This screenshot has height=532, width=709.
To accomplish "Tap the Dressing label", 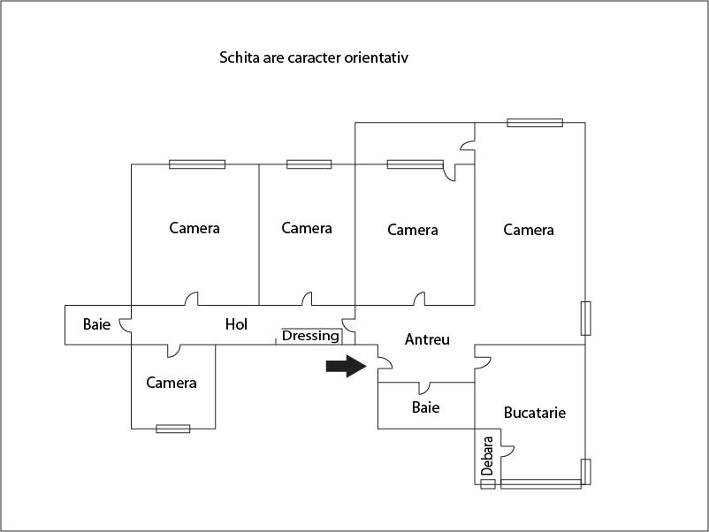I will [x=310, y=336].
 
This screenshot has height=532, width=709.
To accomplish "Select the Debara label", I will [x=487, y=456].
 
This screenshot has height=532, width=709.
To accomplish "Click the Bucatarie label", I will [x=534, y=413].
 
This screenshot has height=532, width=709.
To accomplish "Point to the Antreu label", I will [x=427, y=339].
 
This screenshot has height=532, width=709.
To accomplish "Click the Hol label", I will [x=236, y=324].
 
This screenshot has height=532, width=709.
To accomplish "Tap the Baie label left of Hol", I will [x=96, y=324].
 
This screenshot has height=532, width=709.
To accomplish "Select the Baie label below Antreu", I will [x=425, y=407].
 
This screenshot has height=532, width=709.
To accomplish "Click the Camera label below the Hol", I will [x=172, y=383].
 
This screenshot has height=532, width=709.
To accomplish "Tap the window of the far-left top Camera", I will [x=197, y=163].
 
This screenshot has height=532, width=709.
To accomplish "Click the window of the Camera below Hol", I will [x=173, y=429].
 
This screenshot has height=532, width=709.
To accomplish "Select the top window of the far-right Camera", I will [x=535, y=123].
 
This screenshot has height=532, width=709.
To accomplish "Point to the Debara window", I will [x=488, y=484].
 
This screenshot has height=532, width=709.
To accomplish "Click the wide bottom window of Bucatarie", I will [x=540, y=483].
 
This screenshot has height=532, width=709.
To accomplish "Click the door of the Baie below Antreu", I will [x=425, y=387].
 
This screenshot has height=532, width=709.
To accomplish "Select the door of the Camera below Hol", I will [x=173, y=350].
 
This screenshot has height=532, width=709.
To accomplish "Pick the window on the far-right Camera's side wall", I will [x=585, y=318].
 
